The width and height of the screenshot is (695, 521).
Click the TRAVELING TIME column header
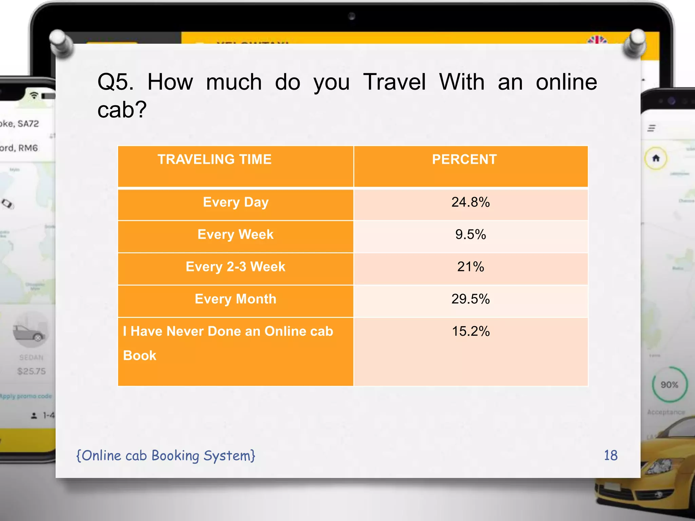coord(214,159)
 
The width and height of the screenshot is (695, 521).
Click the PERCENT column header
coord(464,159)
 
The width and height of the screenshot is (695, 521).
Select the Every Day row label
coord(236,202)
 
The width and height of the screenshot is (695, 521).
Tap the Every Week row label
coord(236,234)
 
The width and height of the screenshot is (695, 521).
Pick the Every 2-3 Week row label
coord(236,267)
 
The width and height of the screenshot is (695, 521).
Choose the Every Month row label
coord(236,299)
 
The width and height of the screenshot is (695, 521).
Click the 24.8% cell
coord(470,202)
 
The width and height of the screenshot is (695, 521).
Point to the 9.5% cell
coord(470,234)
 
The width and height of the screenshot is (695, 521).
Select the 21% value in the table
coord(470,267)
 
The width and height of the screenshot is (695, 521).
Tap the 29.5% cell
coord(470,299)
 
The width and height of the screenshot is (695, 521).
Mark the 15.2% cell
coord(471,331)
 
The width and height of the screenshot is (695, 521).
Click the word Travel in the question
coord(394,82)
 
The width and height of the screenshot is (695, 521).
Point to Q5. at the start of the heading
coord(115,82)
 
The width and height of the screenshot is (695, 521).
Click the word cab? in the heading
coord(122,110)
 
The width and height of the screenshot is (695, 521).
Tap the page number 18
coord(611,455)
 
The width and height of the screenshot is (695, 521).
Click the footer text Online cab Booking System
coord(166,456)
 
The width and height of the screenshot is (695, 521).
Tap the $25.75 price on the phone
coord(32,371)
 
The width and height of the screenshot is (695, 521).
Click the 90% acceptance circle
coord(669,385)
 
